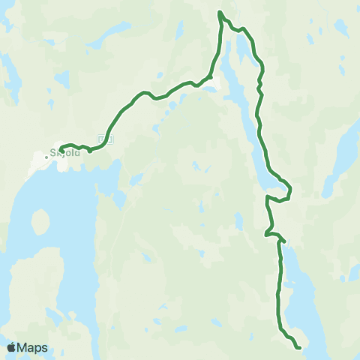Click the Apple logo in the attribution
coord(11,347)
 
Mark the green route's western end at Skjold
coord(61,147)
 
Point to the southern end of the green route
coord(299,347)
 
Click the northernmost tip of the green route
coord(220,12)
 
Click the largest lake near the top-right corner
coord(342,30)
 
